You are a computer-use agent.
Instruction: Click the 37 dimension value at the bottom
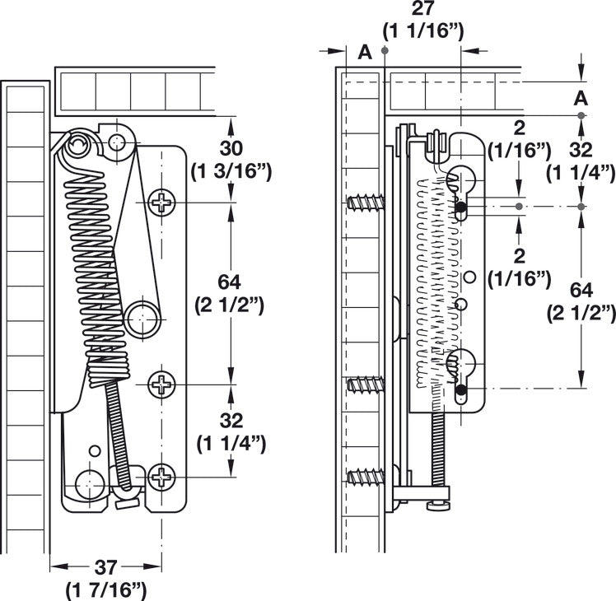click(x=105, y=567)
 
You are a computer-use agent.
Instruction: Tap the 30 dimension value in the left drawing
click(x=231, y=148)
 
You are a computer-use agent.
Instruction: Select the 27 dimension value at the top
click(x=422, y=8)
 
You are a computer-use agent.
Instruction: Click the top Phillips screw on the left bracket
click(x=161, y=203)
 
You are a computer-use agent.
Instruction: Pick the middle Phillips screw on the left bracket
click(x=161, y=384)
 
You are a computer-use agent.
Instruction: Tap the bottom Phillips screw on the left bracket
click(x=161, y=477)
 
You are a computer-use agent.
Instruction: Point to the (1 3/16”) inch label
click(x=231, y=172)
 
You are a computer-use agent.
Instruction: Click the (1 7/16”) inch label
click(x=105, y=590)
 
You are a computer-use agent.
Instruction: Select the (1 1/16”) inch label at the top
click(x=423, y=31)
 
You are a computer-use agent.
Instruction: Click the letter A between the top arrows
click(x=365, y=52)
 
